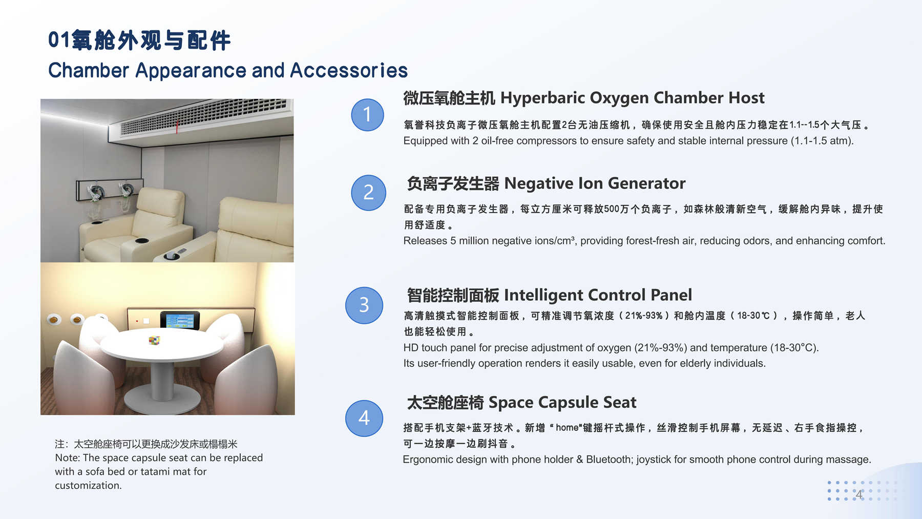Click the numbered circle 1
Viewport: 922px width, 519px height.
coord(367,115)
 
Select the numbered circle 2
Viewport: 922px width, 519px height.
coord(368,193)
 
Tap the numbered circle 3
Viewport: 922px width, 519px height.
coord(364,305)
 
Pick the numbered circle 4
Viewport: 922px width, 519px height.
coord(364,418)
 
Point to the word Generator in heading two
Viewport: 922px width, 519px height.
coord(646,183)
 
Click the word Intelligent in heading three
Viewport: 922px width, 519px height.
coord(544,295)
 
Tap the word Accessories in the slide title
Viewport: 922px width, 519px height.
coord(349,71)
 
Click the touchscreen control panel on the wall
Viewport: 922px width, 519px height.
coord(180,320)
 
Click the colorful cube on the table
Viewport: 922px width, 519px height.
coord(154,340)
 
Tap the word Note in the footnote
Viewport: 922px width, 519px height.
coord(67,458)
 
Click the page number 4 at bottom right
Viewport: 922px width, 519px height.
coord(859,494)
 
